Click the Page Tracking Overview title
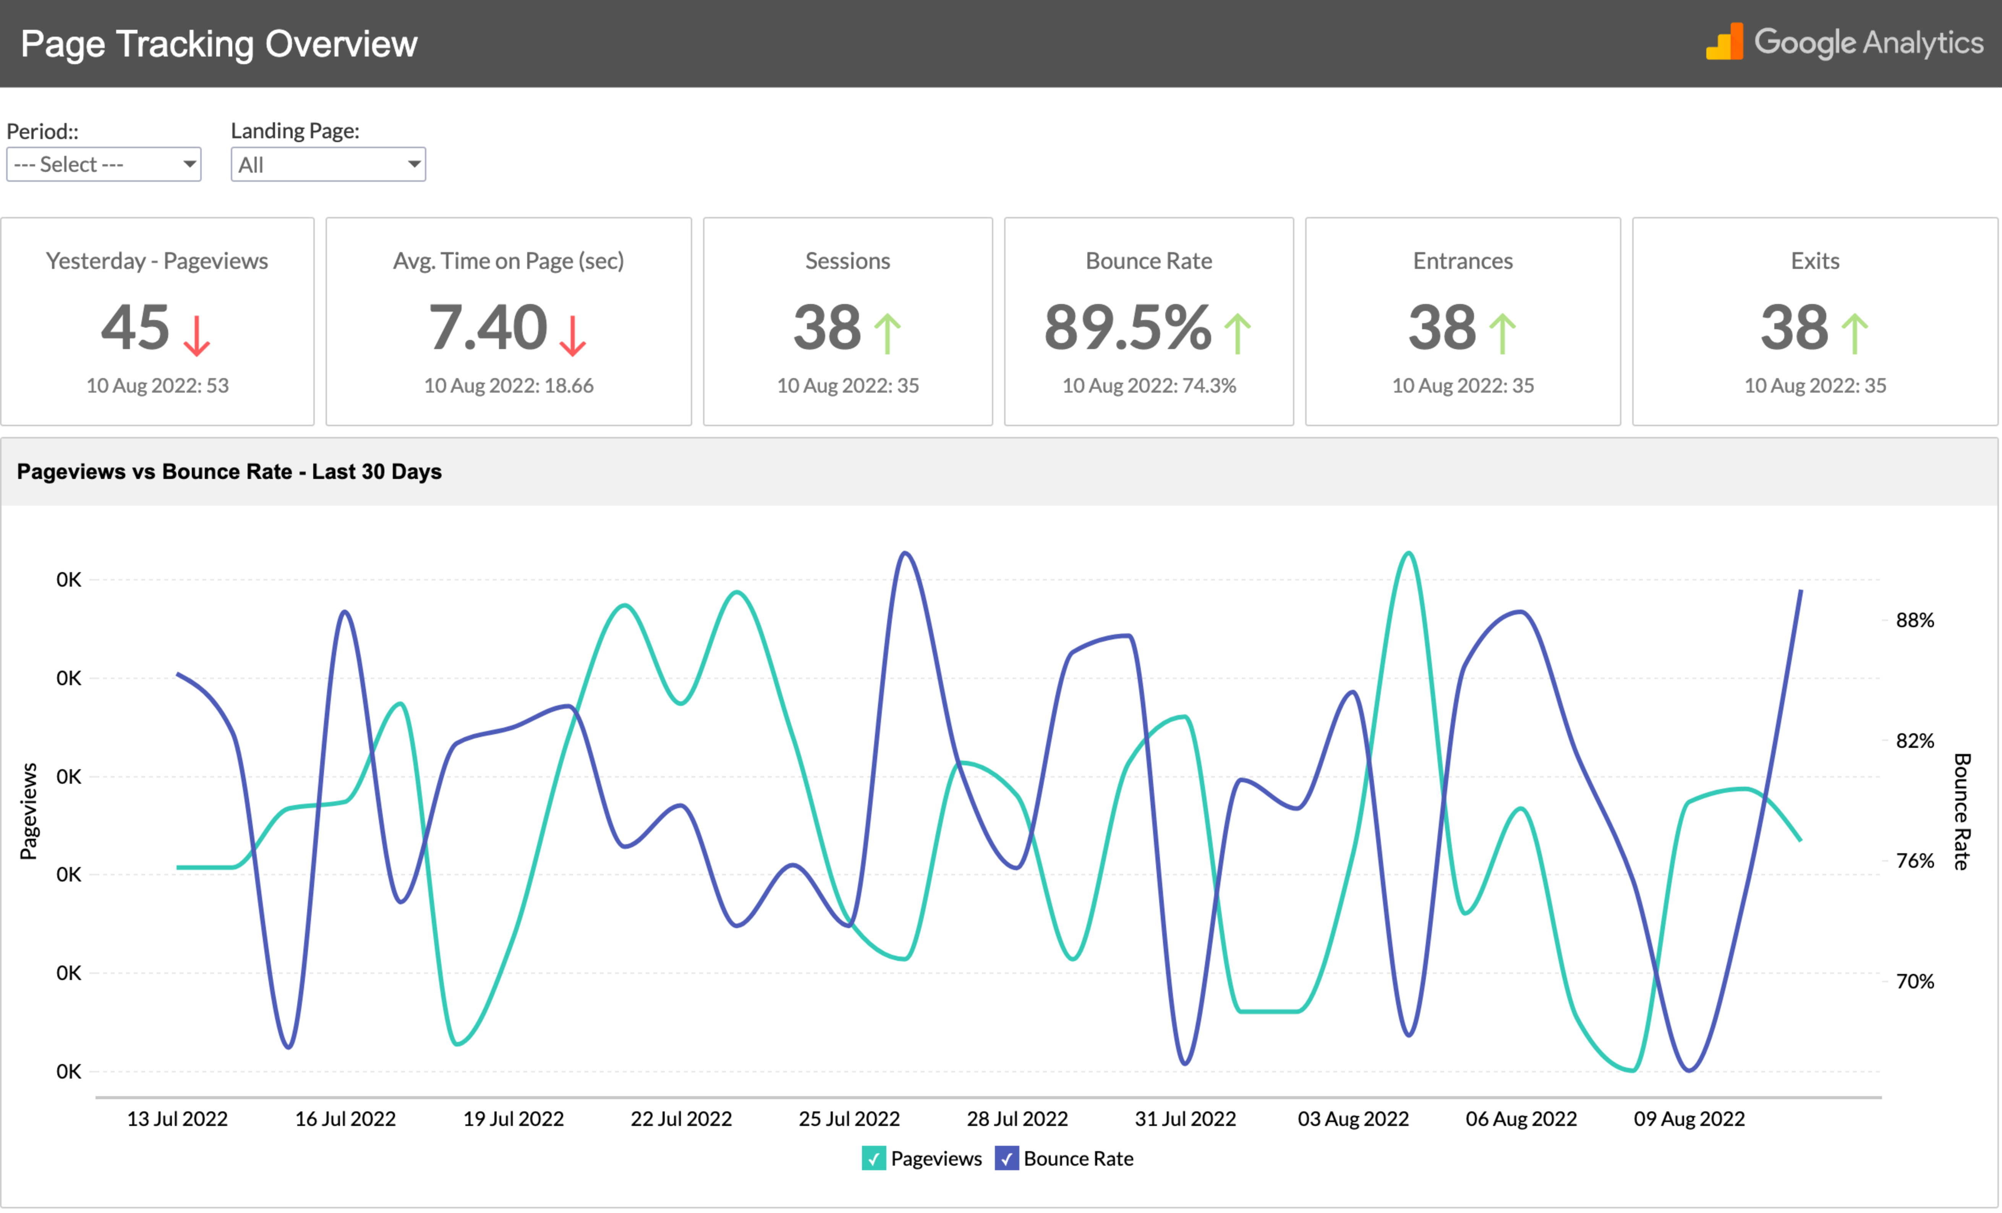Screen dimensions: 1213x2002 (219, 44)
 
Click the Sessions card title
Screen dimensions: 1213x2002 (847, 261)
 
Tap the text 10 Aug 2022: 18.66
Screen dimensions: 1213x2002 (509, 386)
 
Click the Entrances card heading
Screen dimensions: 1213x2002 (1463, 261)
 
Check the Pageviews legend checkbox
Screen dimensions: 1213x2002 (873, 1158)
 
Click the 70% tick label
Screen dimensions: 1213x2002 (1914, 982)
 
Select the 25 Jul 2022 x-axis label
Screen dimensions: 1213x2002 (849, 1119)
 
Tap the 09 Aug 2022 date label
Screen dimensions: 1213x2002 (1689, 1119)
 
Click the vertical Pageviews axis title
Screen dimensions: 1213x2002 (29, 811)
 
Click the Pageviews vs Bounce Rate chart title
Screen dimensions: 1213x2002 (229, 472)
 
